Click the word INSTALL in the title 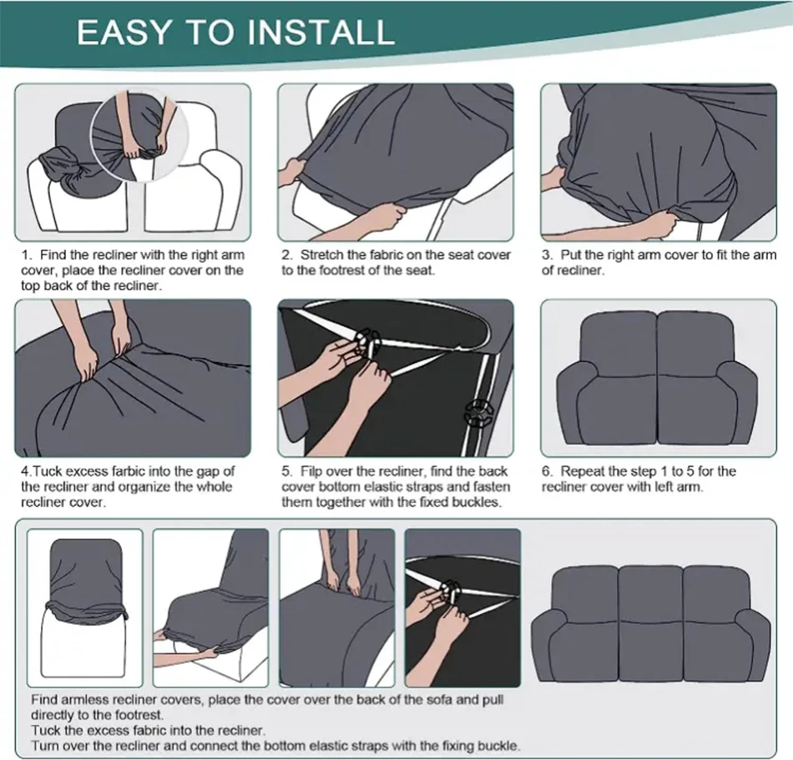[321, 32]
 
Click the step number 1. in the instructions [27, 255]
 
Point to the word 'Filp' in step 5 [311, 471]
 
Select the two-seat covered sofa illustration [657, 378]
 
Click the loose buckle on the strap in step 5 [477, 411]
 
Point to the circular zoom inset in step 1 [140, 137]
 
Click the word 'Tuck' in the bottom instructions [42, 731]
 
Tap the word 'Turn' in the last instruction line [43, 746]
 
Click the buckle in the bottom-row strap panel [449, 590]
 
